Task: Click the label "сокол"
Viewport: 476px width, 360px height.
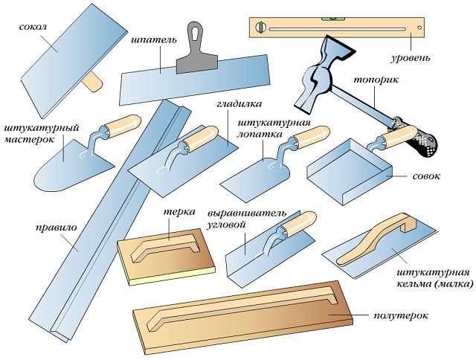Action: (33, 27)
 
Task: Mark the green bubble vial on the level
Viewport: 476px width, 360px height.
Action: (260, 29)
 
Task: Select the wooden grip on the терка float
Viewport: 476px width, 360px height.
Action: (167, 245)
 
